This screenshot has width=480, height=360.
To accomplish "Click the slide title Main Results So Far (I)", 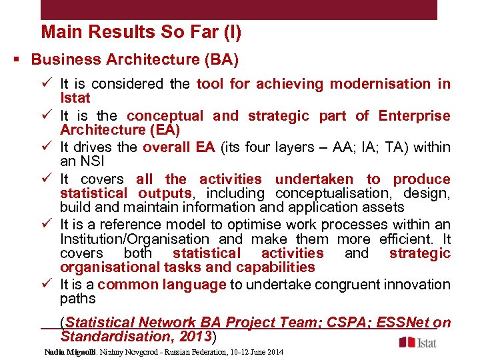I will (x=141, y=32).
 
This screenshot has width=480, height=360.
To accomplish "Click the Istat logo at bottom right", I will (x=419, y=342).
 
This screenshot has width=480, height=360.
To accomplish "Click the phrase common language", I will (x=161, y=285).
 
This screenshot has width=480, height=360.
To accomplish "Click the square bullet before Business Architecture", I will (x=15, y=60).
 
